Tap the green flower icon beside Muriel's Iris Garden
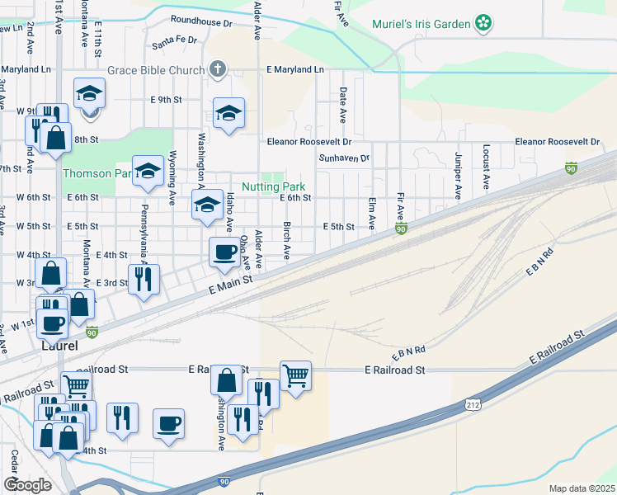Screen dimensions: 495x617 484,24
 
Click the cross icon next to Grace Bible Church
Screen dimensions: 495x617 218,69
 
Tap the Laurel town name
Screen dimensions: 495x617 59,347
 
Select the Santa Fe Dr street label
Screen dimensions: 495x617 175,39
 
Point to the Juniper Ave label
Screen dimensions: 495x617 457,176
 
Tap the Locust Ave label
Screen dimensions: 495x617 487,167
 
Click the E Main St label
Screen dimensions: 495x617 230,285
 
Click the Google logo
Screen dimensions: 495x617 27,484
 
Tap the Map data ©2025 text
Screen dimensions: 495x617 582,488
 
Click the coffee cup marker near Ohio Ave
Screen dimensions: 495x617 224,252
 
